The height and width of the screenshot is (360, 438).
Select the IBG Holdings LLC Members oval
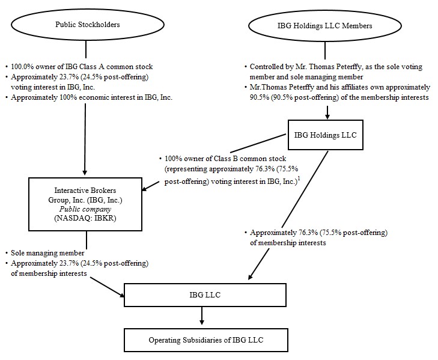click(x=324, y=26)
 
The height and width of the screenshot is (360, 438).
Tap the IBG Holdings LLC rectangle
click(x=325, y=135)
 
